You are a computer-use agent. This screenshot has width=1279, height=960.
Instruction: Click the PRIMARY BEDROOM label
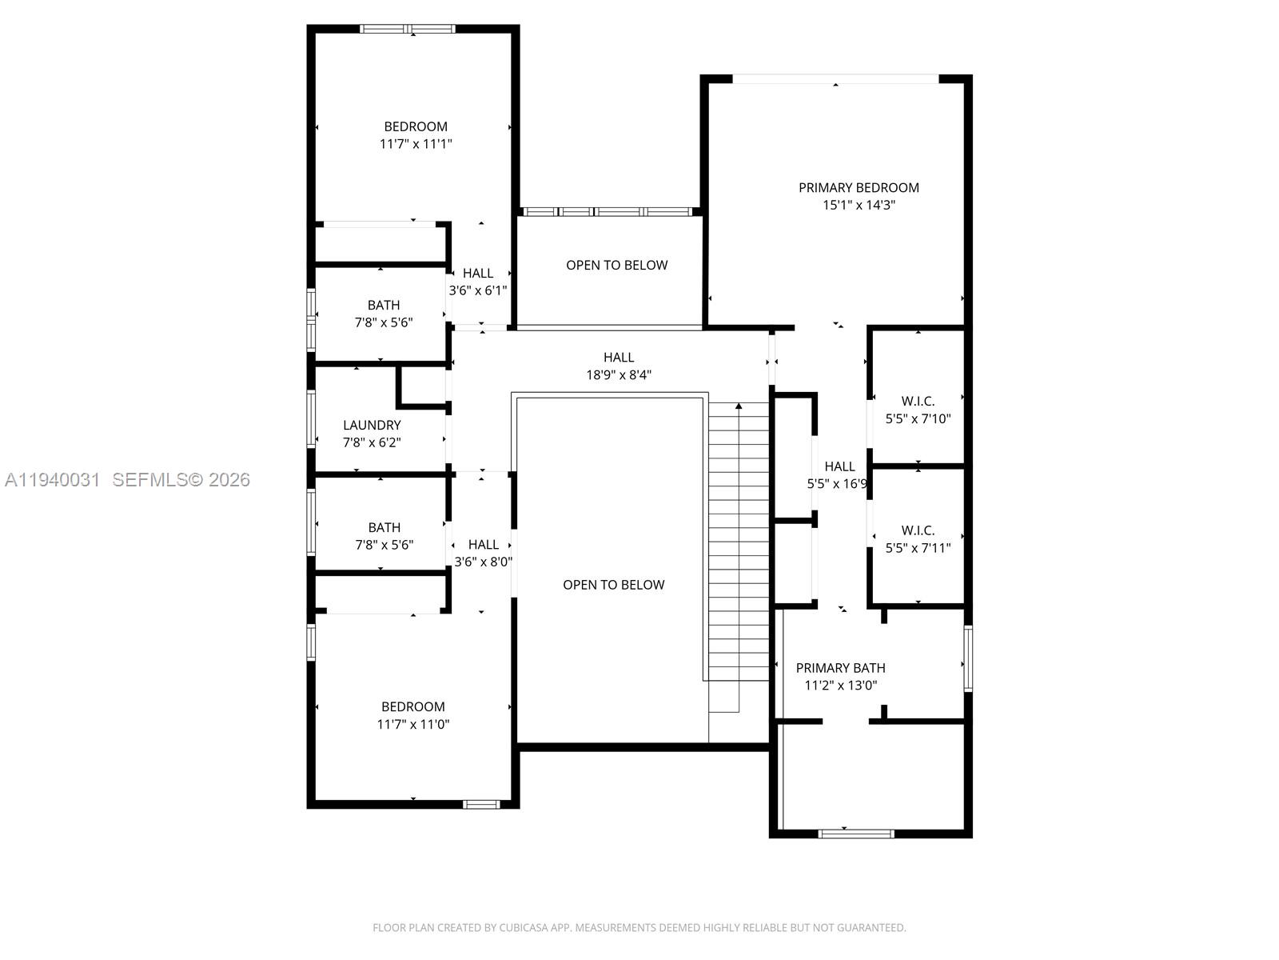[859, 187]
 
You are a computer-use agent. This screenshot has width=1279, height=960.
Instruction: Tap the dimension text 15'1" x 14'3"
[859, 205]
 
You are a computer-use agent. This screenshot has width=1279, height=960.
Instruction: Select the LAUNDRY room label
[372, 425]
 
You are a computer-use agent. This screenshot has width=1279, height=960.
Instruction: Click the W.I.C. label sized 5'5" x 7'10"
[918, 401]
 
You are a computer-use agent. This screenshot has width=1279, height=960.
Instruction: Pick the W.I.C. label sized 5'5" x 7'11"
[918, 530]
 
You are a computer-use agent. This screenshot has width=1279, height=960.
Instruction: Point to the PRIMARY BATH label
[840, 668]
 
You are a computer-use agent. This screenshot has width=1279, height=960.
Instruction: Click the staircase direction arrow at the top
[739, 406]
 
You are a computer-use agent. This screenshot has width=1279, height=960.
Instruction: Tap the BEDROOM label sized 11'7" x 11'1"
[416, 126]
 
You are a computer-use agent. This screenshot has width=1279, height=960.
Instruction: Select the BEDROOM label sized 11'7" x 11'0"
[412, 706]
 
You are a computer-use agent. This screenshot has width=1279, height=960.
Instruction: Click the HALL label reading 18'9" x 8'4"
[619, 358]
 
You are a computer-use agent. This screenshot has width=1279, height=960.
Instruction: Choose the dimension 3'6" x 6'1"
[478, 290]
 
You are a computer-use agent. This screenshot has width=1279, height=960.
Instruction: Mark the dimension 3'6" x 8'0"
[483, 562]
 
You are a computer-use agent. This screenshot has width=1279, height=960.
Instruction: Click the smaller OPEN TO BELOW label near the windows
[616, 265]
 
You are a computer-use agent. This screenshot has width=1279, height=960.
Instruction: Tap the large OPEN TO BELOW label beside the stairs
[613, 585]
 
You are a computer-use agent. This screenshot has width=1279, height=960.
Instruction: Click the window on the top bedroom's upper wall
[408, 30]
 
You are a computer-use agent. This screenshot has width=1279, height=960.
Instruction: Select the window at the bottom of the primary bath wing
[856, 834]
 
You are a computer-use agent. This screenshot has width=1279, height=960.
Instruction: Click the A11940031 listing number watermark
[52, 480]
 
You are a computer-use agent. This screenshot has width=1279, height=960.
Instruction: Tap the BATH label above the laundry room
[384, 305]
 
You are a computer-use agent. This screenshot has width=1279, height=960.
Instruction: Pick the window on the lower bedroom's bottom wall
[481, 804]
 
